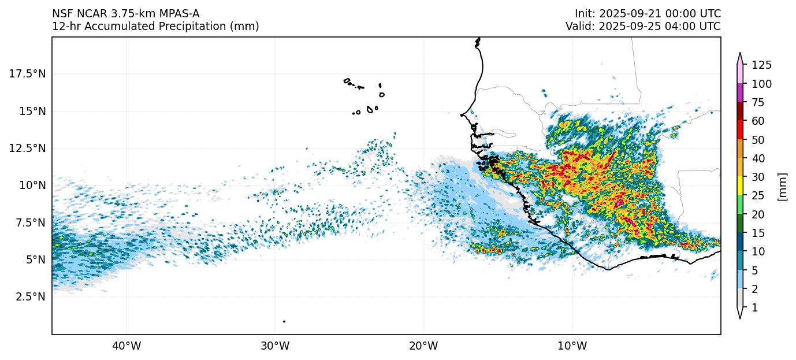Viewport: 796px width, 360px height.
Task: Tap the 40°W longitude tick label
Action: tap(126, 346)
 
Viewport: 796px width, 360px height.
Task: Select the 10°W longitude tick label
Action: tap(572, 346)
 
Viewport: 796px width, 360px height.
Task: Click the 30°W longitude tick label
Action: tap(275, 346)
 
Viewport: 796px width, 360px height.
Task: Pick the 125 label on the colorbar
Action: tap(761, 65)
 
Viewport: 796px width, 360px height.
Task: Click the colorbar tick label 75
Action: tap(758, 102)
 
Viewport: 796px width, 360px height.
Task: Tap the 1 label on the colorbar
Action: tap(754, 308)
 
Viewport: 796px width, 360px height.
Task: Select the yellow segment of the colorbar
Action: tap(739, 185)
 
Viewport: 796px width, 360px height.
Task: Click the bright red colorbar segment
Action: tap(739, 129)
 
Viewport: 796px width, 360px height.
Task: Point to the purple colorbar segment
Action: tap(739, 92)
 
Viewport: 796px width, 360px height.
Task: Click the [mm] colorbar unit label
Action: tap(783, 186)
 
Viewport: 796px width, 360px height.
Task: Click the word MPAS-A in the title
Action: tap(174, 14)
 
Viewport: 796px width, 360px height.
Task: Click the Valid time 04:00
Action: tap(682, 27)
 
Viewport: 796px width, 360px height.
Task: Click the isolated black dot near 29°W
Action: tap(284, 321)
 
